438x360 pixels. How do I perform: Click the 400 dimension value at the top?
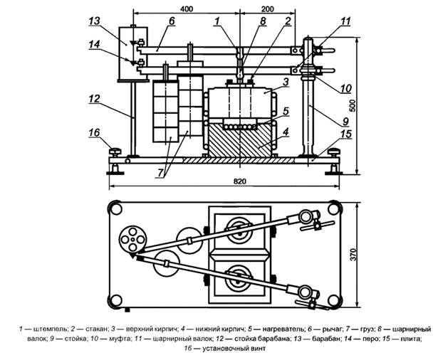click(187, 9)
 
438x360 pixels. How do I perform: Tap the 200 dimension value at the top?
click(267, 9)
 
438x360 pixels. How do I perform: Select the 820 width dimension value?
click(240, 181)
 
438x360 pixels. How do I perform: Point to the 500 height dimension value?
click(353, 105)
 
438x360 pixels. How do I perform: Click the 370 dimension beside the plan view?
click(354, 255)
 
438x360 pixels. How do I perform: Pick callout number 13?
click(95, 21)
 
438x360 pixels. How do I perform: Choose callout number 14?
click(95, 44)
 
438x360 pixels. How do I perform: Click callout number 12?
click(95, 99)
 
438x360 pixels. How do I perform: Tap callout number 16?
click(95, 132)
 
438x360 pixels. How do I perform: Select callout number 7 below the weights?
click(160, 173)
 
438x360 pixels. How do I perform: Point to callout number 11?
click(345, 21)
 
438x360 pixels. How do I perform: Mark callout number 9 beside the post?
click(345, 122)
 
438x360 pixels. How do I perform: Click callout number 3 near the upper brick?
click(285, 82)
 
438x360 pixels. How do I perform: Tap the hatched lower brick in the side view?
click(240, 141)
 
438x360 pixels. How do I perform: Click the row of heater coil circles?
click(240, 127)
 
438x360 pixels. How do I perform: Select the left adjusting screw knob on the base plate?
click(115, 152)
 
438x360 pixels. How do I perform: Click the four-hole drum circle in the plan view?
click(132, 240)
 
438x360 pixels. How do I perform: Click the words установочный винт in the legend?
click(234, 349)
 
